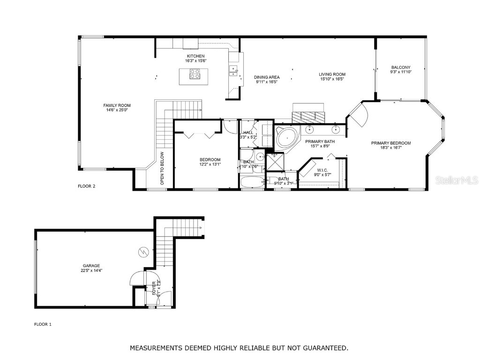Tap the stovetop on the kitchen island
[x=195, y=74]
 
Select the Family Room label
[x=117, y=105]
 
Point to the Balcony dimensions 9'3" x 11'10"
[x=400, y=72]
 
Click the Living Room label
[x=332, y=75]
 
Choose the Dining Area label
[x=267, y=77]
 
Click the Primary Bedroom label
[x=391, y=143]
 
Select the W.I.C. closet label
[x=322, y=170]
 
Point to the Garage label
[x=91, y=266]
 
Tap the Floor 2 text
[x=86, y=186]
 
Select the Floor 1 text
[x=43, y=324]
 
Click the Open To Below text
[x=162, y=168]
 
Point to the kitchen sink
[x=232, y=70]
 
